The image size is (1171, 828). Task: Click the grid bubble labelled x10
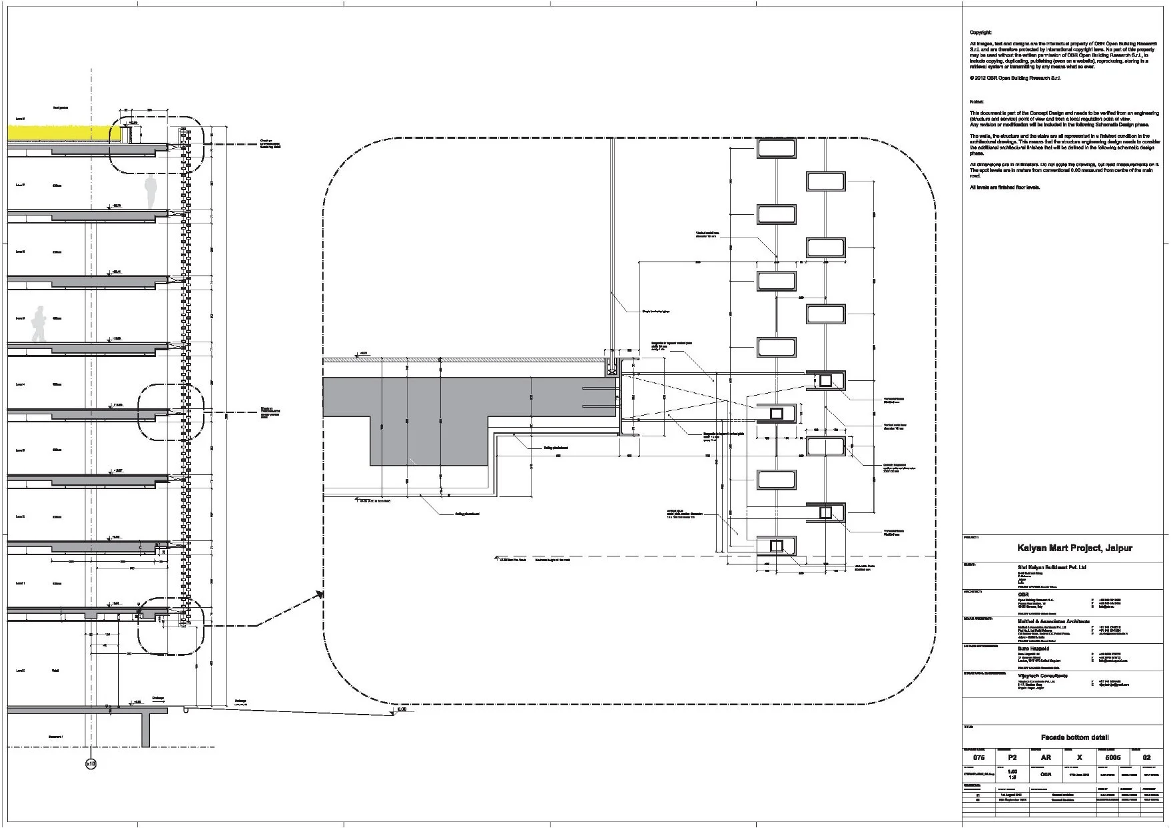coord(91,763)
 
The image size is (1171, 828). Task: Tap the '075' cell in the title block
coord(979,757)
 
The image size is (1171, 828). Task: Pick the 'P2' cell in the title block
coord(1012,757)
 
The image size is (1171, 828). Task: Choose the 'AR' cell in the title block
coord(1046,757)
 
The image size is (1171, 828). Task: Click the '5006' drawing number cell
coord(1113,757)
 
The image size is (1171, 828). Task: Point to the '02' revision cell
coord(1147,757)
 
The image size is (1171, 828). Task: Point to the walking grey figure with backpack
coord(40,324)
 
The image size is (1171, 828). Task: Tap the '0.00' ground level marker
coord(401,710)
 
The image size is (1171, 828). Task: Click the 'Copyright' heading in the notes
coord(980,33)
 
